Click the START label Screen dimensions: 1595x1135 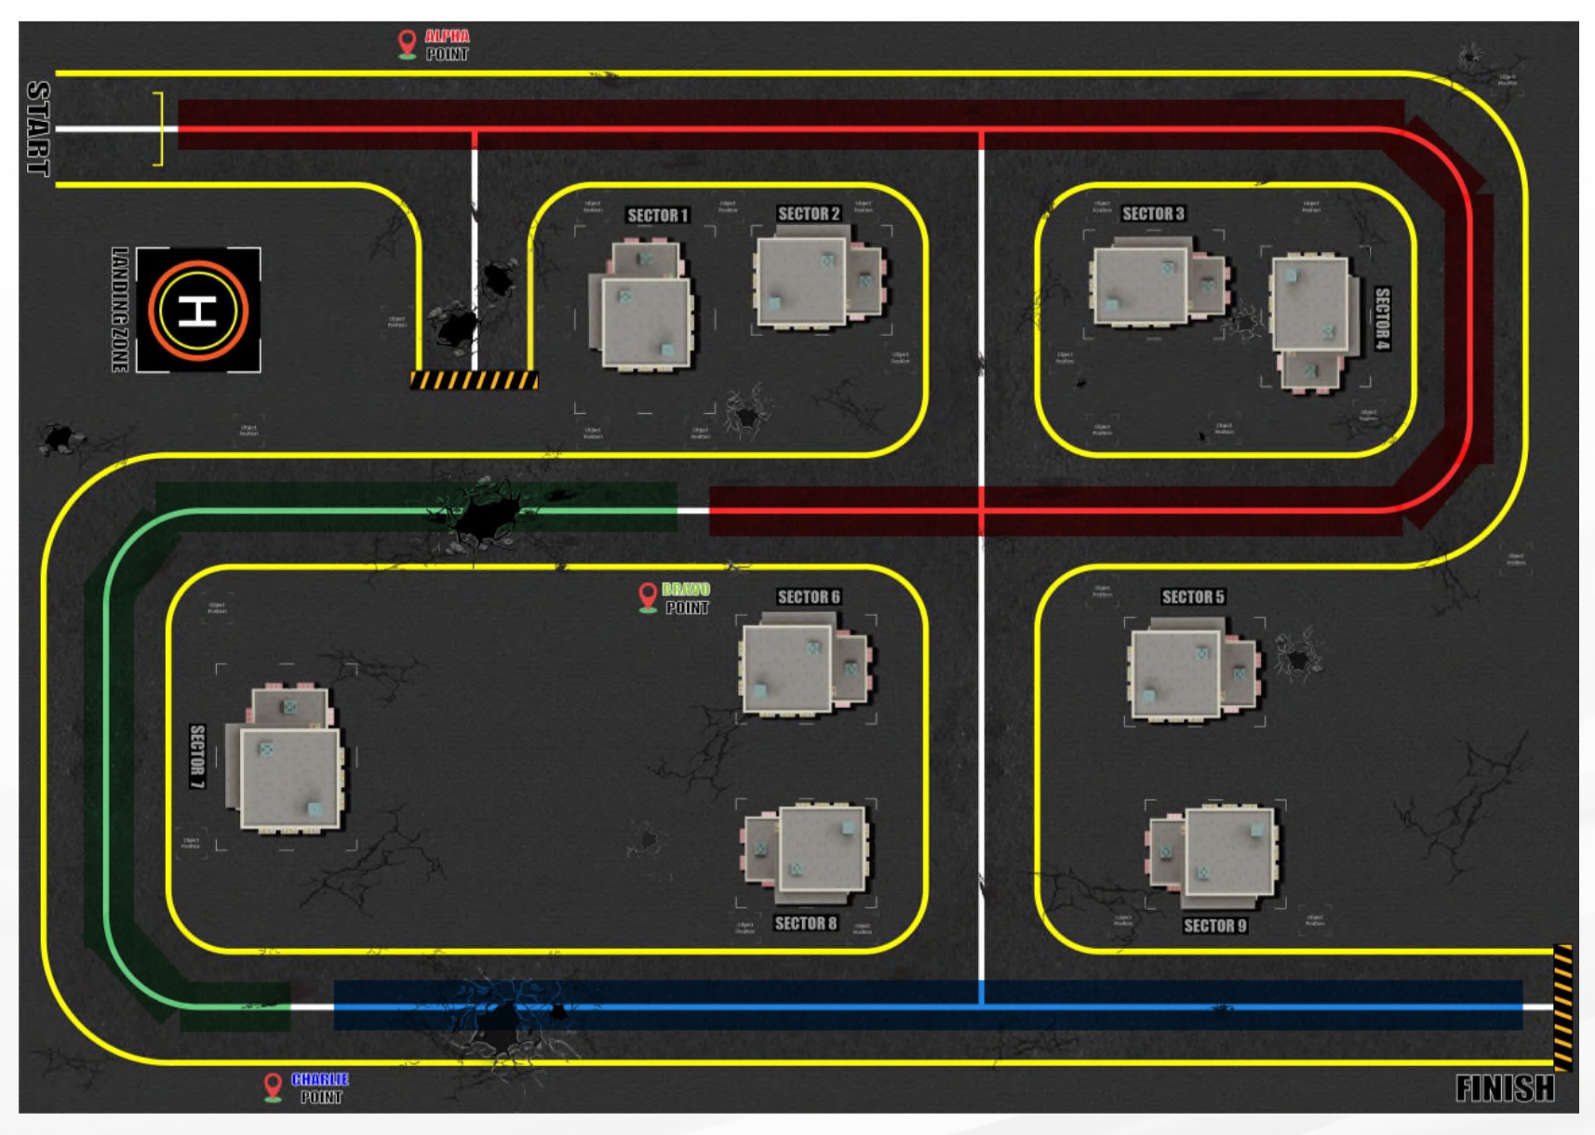tap(38, 128)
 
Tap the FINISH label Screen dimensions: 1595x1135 tap(1504, 1088)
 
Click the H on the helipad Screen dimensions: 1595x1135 tap(197, 310)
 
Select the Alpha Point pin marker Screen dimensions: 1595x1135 tap(407, 43)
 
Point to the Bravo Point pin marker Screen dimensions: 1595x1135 tap(648, 595)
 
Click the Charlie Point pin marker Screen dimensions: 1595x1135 tap(273, 1086)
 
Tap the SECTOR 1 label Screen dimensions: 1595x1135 tap(657, 216)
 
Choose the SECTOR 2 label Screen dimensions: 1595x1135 tap(808, 214)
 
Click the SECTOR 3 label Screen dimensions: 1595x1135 tap(1152, 214)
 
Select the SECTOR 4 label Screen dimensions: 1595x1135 tap(1382, 318)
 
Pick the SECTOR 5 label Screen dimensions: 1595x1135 tap(1192, 597)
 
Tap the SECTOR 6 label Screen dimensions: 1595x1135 tap(808, 597)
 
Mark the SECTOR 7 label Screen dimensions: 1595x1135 tap(197, 756)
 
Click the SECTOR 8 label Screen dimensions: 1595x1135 tap(805, 924)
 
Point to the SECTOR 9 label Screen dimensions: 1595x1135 tap(1214, 926)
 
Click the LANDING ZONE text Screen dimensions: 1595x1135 tap(120, 310)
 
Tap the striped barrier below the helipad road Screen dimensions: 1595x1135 tap(474, 380)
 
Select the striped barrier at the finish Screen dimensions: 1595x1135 tap(1562, 1008)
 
